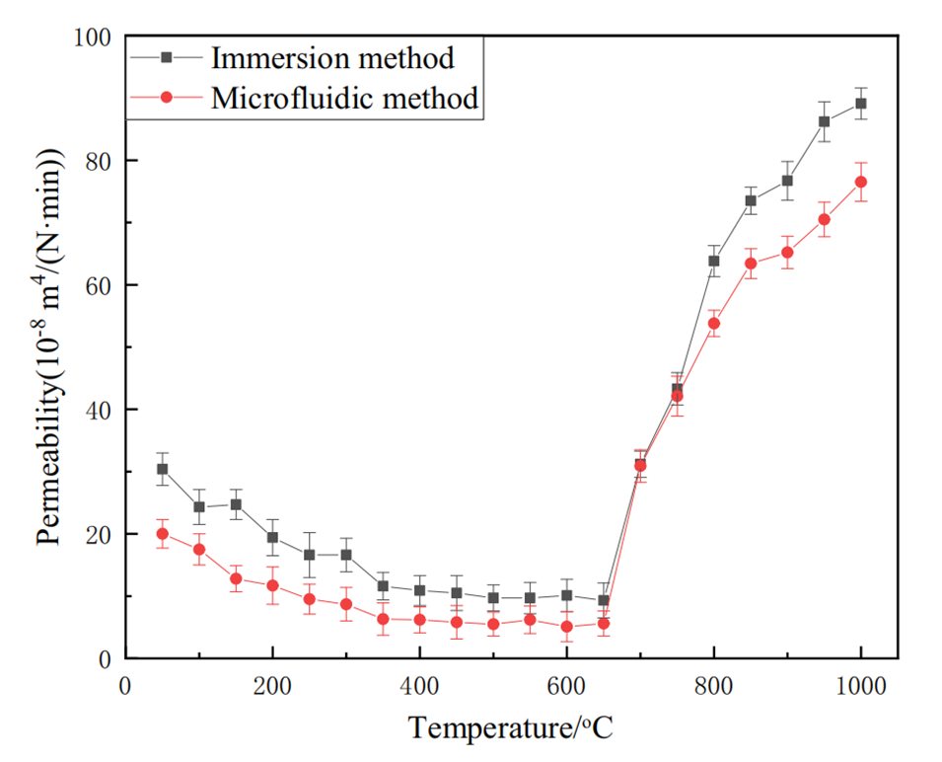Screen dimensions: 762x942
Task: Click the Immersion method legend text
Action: [x=331, y=57]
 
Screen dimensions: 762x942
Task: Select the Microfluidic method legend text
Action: [x=344, y=98]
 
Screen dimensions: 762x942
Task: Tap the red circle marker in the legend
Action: [x=167, y=98]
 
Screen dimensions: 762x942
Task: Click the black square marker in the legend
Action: [x=167, y=57]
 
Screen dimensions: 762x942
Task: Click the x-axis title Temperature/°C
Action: [x=511, y=727]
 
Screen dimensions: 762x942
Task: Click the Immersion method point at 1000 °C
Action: [x=861, y=103]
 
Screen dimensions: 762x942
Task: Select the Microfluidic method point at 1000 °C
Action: [x=861, y=182]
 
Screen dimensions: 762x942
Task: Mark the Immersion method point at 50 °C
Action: [x=162, y=469]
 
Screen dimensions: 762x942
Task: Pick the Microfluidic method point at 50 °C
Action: [x=162, y=534]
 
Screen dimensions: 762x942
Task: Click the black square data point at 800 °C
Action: [x=714, y=261]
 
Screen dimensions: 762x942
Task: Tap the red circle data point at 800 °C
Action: [x=714, y=324]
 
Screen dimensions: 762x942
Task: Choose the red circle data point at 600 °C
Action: [x=566, y=627]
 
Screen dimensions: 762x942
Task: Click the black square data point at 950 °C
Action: [x=824, y=121]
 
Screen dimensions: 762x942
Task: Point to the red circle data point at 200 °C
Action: [x=272, y=585]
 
